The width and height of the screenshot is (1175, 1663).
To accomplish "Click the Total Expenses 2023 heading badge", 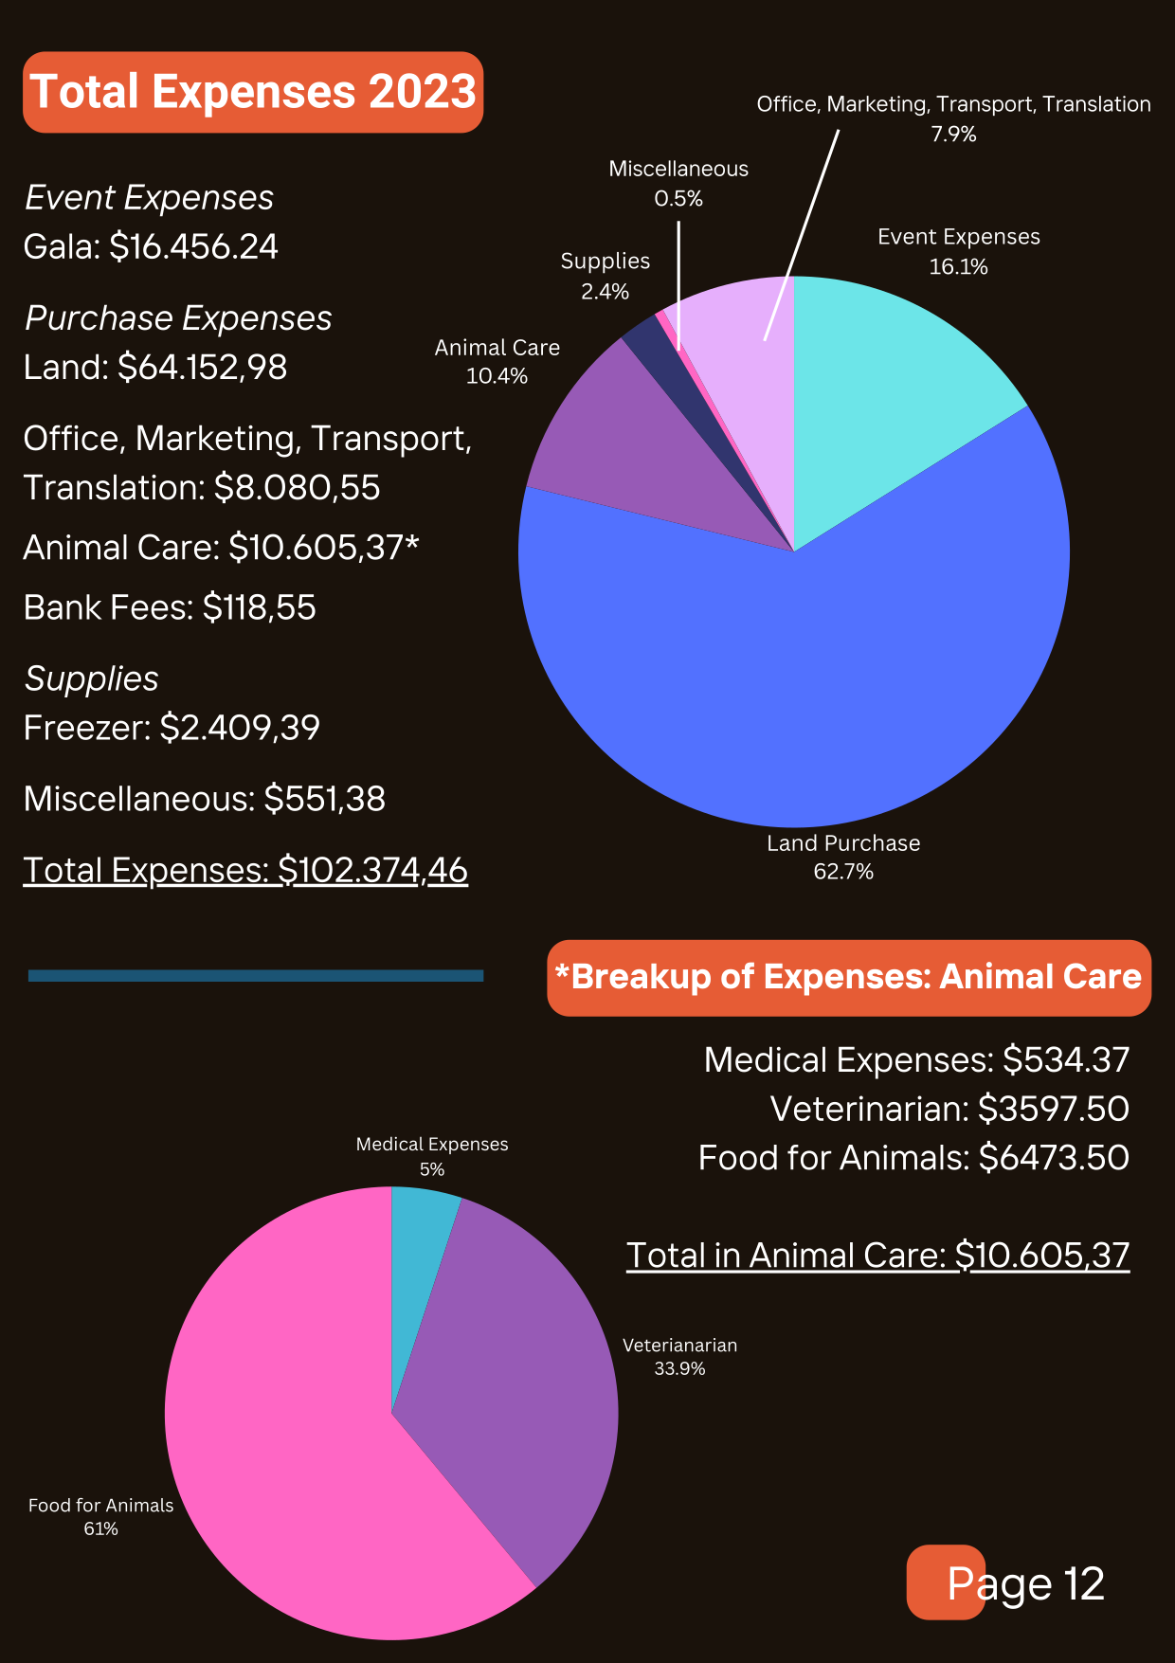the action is click(x=253, y=92).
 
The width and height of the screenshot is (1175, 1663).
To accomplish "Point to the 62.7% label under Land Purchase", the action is click(x=843, y=872).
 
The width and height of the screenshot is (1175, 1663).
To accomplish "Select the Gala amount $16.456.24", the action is click(x=193, y=247).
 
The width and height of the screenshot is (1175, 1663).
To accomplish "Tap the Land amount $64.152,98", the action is click(x=202, y=368).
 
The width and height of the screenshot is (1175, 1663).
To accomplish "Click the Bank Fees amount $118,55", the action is click(x=259, y=607).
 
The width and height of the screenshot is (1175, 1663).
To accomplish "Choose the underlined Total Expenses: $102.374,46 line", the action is click(x=245, y=870).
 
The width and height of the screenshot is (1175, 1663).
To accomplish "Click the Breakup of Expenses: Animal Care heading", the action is click(x=849, y=978).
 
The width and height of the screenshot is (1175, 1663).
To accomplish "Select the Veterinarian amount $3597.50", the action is click(x=1053, y=1109).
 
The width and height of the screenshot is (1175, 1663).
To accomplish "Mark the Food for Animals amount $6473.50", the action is click(x=1053, y=1158).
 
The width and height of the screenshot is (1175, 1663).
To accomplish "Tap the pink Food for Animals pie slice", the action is click(x=284, y=1478).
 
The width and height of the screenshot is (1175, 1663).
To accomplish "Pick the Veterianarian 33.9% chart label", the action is click(x=679, y=1356).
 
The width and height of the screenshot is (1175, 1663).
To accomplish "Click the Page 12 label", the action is click(x=1025, y=1584).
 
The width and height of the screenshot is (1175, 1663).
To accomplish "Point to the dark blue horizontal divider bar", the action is click(x=256, y=975).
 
